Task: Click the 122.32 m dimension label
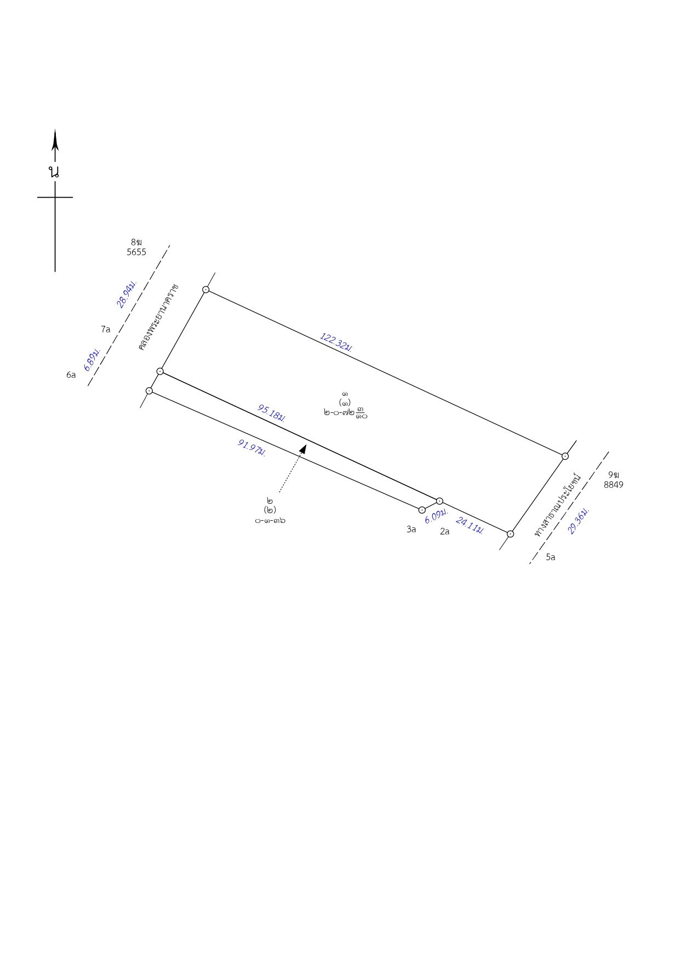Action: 336,342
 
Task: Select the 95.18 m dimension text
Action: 271,413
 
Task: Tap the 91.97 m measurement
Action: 252,447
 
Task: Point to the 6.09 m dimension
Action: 436,516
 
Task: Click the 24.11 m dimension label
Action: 470,526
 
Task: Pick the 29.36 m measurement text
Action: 579,520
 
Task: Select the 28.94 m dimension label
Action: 127,294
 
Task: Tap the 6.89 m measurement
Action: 92,359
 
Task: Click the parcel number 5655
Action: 136,252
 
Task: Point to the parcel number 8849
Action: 614,485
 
